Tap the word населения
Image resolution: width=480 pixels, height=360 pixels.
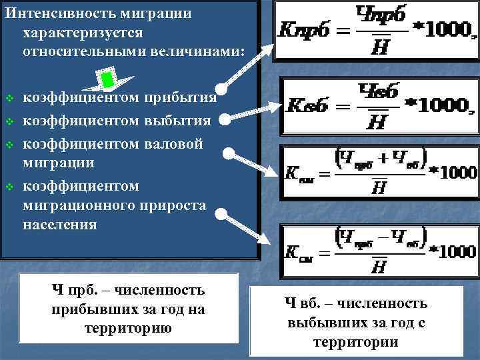click(60, 224)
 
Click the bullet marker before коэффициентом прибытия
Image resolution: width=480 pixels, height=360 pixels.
click(9, 99)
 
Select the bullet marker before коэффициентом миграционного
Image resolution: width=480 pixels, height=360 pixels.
click(9, 185)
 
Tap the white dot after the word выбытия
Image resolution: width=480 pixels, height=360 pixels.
click(224, 121)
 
